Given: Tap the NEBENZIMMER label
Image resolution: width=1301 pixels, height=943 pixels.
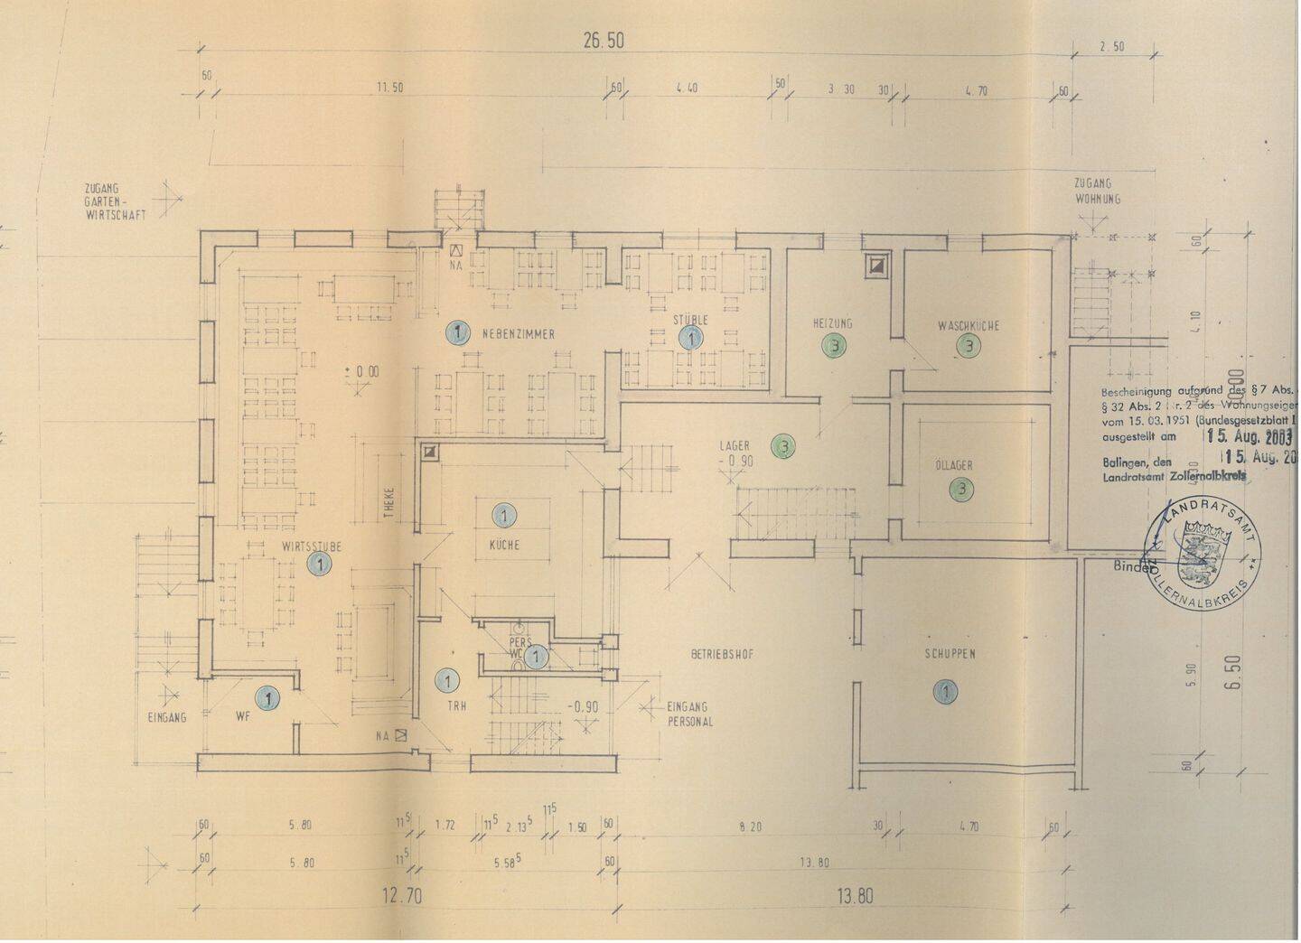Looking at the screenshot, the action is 519,334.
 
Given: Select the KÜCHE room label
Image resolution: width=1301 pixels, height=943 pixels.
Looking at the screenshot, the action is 504,546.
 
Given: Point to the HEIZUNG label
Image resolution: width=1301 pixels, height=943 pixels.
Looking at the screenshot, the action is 833,323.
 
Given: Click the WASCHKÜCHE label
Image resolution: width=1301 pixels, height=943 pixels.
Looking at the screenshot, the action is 969,325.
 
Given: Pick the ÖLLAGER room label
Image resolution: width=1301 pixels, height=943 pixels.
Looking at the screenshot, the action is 954,466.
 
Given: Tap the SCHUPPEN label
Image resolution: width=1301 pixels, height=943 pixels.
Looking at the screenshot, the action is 950,654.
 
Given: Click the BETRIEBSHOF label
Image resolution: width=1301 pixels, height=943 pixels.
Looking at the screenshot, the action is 722,654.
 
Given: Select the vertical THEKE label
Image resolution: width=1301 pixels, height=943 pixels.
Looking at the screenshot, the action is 389,504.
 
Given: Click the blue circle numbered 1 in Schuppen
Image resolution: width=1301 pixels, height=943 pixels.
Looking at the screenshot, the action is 945,692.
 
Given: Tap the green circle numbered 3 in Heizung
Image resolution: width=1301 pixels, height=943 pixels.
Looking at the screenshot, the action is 835,344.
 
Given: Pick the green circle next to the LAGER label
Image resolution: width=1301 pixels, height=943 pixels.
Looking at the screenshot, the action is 783,445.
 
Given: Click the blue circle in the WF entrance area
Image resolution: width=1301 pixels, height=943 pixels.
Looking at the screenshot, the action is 267,697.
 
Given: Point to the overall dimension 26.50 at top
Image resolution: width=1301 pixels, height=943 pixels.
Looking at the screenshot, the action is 604,41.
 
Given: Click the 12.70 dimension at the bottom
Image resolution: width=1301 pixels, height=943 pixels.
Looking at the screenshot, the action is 402,897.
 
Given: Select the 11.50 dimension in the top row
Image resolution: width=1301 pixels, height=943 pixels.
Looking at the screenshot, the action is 389,88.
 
